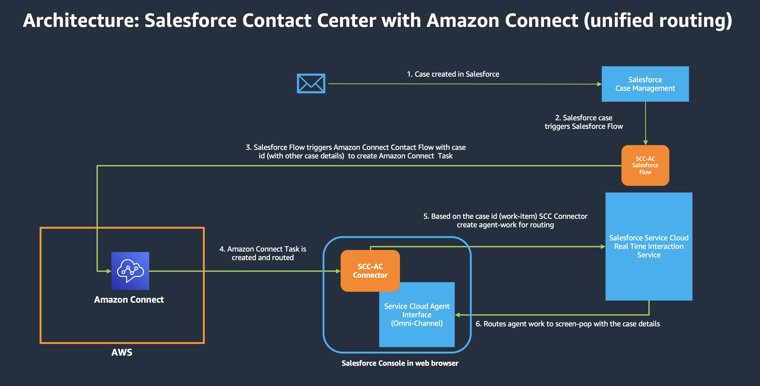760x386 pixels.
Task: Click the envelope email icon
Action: (x=311, y=84)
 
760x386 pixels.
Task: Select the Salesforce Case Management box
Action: (x=645, y=84)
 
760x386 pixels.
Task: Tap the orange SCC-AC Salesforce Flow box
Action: (x=645, y=165)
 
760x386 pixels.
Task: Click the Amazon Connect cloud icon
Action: (x=130, y=271)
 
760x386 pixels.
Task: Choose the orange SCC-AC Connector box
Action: (x=370, y=270)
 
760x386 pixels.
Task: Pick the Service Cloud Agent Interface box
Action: (x=417, y=315)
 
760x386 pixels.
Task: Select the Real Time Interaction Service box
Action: (x=649, y=246)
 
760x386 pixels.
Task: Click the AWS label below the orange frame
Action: (x=122, y=352)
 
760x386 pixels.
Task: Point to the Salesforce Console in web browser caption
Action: (x=400, y=363)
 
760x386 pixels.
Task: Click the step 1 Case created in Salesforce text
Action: (x=453, y=74)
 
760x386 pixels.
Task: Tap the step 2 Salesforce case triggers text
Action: (x=584, y=122)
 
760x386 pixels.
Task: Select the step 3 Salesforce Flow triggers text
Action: (x=356, y=151)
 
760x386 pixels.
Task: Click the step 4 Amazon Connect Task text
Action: (x=262, y=253)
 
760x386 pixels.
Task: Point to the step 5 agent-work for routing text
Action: (x=505, y=220)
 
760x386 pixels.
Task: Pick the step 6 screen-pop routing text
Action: (x=568, y=324)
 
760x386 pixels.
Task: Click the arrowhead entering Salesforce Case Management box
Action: (x=599, y=84)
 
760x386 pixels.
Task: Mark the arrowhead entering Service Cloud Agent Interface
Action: (x=458, y=315)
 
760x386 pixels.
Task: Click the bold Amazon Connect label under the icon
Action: (x=129, y=299)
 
